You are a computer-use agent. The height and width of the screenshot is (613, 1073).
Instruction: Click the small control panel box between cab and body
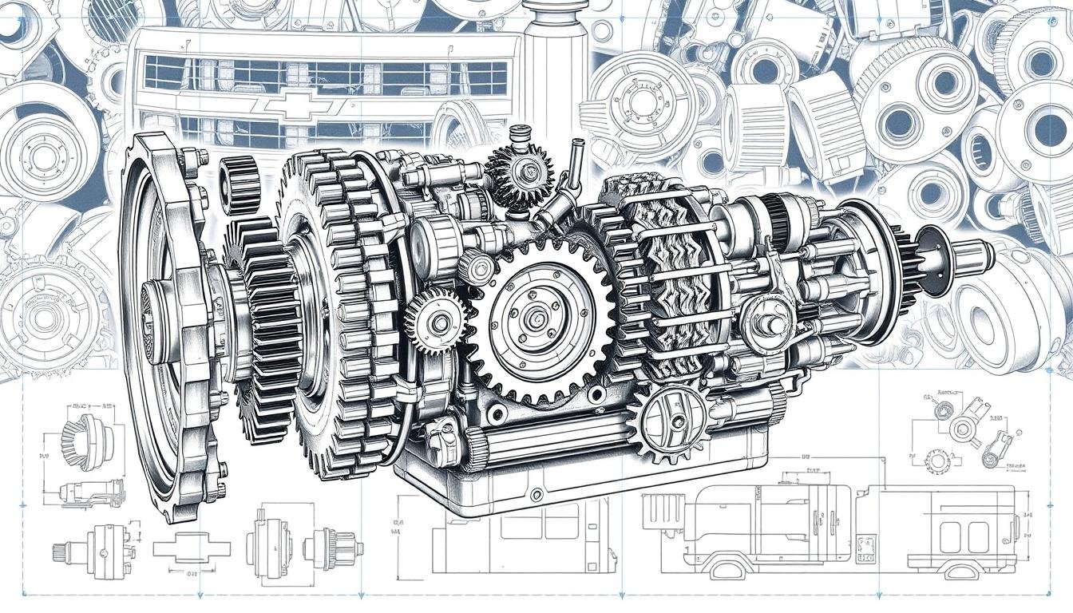[865, 546]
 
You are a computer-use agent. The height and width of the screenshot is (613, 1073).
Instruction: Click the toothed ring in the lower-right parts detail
[937, 460]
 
